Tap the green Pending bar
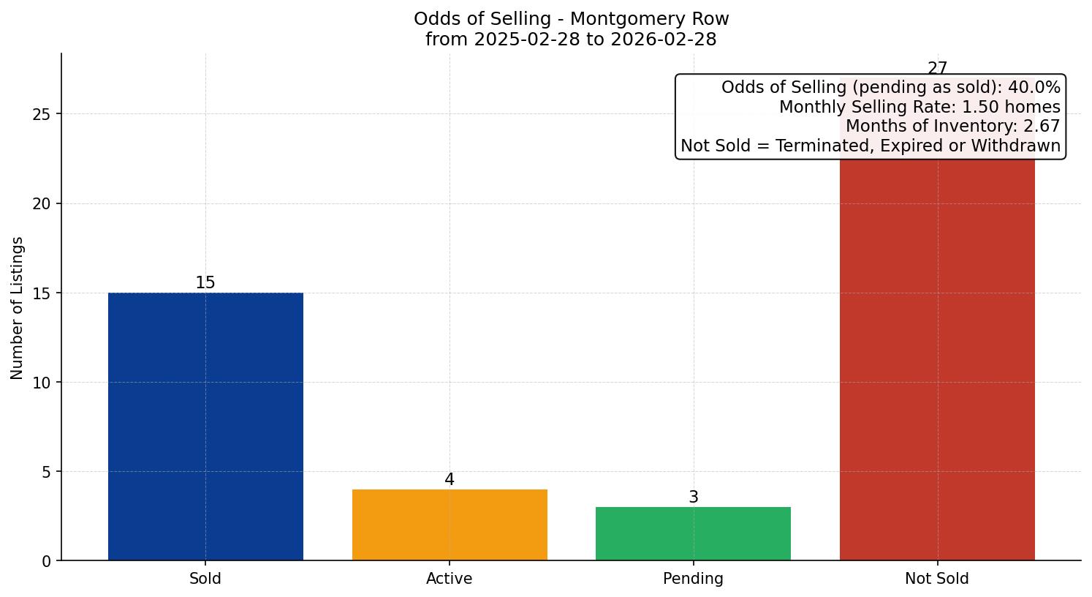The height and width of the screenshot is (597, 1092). [x=693, y=533]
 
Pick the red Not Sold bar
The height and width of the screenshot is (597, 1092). [x=937, y=358]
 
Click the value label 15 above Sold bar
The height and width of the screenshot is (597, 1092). [x=205, y=283]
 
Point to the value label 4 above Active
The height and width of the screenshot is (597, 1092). [x=450, y=480]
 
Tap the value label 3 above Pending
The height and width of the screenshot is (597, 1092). [x=693, y=497]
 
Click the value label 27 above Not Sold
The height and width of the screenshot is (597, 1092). [x=937, y=69]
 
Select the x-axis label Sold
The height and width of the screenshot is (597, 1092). [x=205, y=579]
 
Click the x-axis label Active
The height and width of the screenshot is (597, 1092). [x=450, y=579]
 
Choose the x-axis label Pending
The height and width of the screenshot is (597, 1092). [x=693, y=579]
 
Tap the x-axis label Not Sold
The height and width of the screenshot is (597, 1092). [x=937, y=579]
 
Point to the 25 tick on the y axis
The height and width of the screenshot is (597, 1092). [x=42, y=114]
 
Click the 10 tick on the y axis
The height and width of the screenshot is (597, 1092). [x=42, y=383]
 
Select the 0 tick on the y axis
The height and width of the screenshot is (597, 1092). [x=46, y=561]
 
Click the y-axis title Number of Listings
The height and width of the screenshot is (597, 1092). [x=18, y=308]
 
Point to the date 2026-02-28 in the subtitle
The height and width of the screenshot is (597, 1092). [x=664, y=40]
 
